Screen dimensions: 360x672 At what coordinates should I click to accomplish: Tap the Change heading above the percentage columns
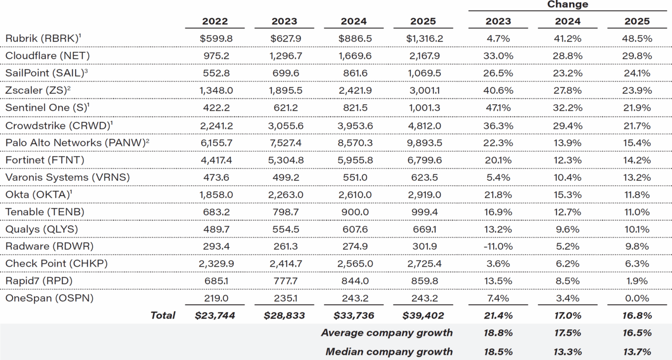pyautogui.click(x=567, y=5)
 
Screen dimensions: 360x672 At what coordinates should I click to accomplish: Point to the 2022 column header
pyautogui.click(x=215, y=21)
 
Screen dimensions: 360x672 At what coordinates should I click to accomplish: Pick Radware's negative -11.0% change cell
pyautogui.click(x=498, y=246)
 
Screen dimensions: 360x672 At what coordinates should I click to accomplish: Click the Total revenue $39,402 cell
pyautogui.click(x=423, y=315)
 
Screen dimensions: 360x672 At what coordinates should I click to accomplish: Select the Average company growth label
pyautogui.click(x=386, y=333)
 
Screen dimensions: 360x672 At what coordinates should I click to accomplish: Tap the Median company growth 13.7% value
pyautogui.click(x=637, y=352)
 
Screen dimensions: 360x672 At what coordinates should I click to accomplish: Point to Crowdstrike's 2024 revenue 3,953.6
pyautogui.click(x=354, y=125)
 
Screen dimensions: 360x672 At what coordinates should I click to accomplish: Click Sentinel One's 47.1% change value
pyautogui.click(x=498, y=108)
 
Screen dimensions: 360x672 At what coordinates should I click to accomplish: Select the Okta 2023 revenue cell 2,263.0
pyautogui.click(x=285, y=194)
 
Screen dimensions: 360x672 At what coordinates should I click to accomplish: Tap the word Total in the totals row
pyautogui.click(x=163, y=315)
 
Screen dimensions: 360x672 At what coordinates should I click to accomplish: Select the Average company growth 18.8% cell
pyautogui.click(x=498, y=333)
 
